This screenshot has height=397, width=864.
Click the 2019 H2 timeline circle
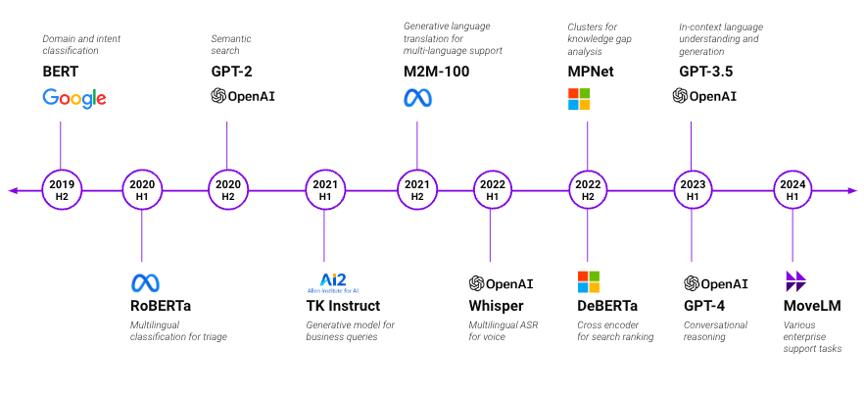point(61,190)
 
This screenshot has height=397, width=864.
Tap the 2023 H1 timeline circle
point(693,190)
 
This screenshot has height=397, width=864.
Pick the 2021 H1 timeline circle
point(324,190)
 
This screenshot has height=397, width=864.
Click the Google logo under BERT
point(74,98)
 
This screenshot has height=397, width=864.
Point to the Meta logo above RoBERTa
point(145,283)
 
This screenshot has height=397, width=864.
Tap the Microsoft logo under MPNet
point(580,98)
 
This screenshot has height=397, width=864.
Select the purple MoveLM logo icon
point(795,282)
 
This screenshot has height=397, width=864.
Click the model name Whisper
point(496,307)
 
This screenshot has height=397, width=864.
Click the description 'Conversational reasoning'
point(715,331)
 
